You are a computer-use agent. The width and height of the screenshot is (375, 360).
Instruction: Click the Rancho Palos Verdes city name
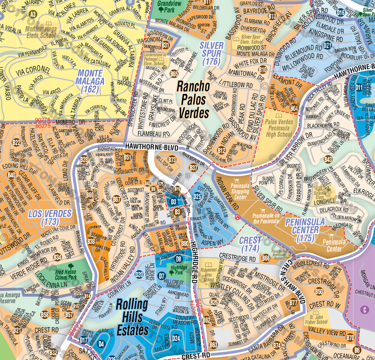point(194,99)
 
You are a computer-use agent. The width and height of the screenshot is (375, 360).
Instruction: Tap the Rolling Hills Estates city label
point(132,317)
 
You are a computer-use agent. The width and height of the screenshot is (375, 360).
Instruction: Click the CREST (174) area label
point(251,244)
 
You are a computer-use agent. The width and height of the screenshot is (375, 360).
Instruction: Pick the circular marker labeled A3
point(34,14)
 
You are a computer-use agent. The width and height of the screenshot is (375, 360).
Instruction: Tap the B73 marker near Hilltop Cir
point(172,159)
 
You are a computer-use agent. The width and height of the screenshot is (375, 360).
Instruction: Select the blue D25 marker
point(197,196)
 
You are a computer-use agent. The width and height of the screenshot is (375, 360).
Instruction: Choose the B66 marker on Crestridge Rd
point(266,258)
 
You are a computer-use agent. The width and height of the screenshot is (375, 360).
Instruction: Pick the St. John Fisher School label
point(316,319)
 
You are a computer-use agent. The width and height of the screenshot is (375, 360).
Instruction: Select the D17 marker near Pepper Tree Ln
point(84,340)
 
